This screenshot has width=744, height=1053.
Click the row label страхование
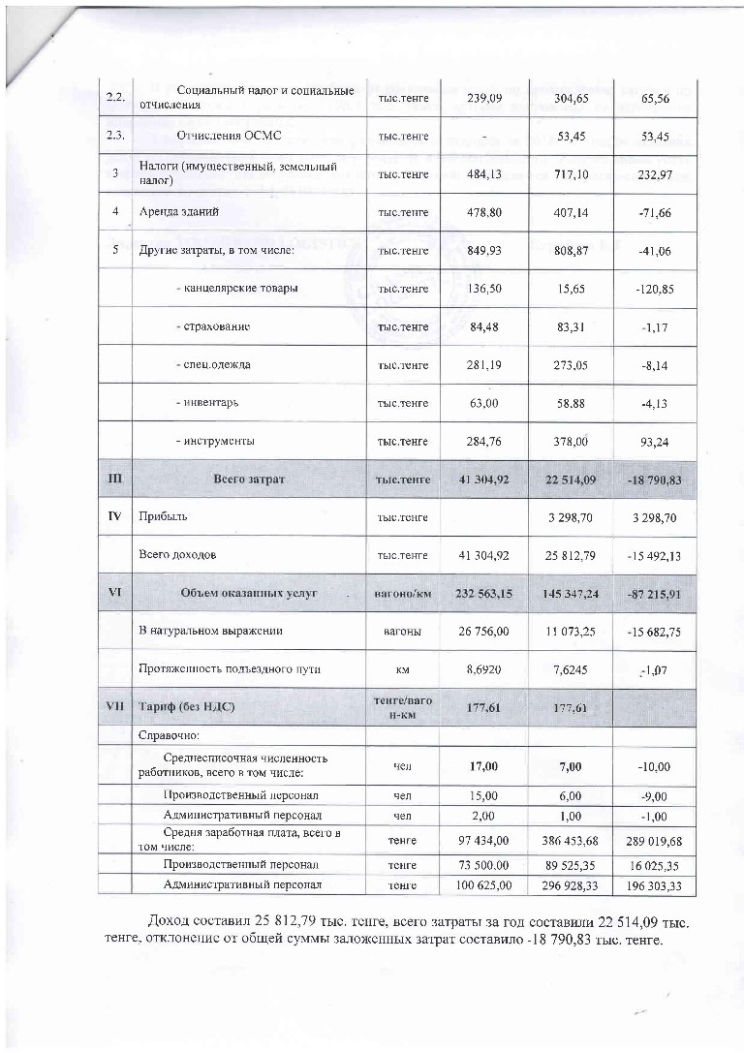213,326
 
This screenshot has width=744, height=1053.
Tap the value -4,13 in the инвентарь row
656,404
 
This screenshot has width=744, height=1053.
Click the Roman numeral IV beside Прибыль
114,517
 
